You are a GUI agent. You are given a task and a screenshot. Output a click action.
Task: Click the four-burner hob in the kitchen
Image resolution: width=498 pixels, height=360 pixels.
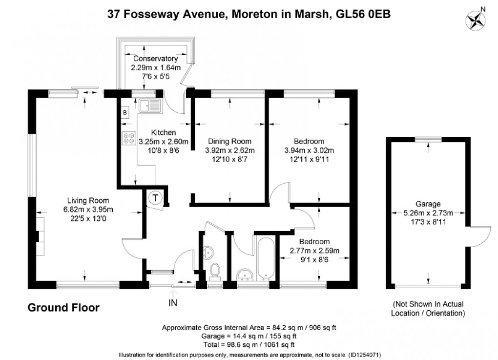[x=129, y=139]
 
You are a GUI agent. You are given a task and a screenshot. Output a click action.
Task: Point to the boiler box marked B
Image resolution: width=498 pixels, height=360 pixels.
[x=124, y=113]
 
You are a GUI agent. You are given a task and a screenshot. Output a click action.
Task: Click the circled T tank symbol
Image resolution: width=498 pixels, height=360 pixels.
[x=155, y=198]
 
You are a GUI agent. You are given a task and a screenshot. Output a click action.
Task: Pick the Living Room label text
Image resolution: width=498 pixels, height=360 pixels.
[x=88, y=200]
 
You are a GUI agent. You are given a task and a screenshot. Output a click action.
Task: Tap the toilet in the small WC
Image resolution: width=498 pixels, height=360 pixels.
[x=214, y=270]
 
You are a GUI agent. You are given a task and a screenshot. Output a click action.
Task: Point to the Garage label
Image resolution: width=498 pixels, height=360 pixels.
[x=428, y=204]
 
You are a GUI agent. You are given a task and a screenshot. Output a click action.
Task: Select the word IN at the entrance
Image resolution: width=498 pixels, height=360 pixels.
[x=173, y=303]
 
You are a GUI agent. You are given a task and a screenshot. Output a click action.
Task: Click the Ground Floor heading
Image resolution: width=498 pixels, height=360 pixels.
[x=63, y=308]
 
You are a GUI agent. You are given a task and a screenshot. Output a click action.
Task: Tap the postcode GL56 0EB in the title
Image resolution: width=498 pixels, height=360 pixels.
[x=363, y=14]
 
